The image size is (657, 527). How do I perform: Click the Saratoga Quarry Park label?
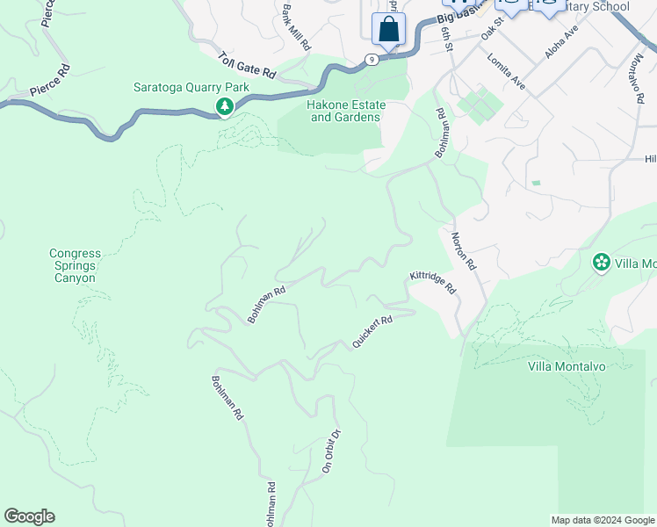[x=191, y=87]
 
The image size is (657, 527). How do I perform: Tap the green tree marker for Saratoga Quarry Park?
[x=225, y=107]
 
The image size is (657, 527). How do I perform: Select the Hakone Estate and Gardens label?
[x=345, y=111]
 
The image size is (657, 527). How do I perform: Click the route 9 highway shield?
[x=373, y=60]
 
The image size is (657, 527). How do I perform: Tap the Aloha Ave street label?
[x=561, y=41]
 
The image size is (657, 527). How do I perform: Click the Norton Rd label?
[x=463, y=251]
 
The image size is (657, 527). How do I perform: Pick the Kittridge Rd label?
[x=433, y=282]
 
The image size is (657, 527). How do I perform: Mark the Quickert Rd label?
[x=372, y=332]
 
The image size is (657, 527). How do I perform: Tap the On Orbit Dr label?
[x=329, y=451]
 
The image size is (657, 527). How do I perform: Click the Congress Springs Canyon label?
[x=75, y=265]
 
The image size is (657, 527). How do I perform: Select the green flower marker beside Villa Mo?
[x=602, y=262]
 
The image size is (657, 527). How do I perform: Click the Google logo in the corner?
[x=29, y=516]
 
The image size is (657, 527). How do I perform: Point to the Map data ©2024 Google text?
[x=602, y=520]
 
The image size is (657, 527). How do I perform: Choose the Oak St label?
[x=492, y=31]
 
